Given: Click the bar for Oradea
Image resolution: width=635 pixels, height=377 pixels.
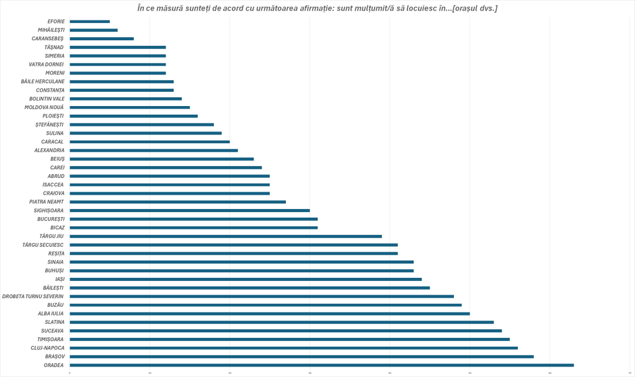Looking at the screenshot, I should (x=322, y=365).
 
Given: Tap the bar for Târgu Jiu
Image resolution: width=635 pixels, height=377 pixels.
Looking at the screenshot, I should (x=226, y=236).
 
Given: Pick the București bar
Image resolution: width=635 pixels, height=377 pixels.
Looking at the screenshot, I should (x=193, y=219).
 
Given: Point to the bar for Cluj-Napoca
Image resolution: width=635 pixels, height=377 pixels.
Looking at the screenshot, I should (x=294, y=348).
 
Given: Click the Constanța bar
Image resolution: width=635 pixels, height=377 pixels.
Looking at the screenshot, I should (x=122, y=90).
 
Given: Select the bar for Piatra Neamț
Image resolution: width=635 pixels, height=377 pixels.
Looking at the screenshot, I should (x=178, y=202).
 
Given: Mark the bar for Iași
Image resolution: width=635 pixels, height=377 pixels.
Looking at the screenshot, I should (x=246, y=279).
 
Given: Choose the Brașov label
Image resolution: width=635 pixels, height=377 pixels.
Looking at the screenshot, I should (x=55, y=357).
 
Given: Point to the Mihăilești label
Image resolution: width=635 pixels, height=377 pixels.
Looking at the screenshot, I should (x=51, y=30).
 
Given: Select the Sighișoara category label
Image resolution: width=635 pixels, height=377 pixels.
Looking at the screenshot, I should (x=49, y=210).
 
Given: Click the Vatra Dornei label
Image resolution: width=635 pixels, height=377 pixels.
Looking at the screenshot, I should (x=47, y=64).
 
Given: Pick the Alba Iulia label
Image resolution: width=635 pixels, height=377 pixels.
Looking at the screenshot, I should (x=51, y=314).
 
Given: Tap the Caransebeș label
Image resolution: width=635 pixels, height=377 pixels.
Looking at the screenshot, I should (x=48, y=38).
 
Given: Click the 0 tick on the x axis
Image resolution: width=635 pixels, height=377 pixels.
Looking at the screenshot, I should (x=70, y=373).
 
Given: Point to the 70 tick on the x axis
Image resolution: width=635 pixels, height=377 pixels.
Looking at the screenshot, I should (x=629, y=373).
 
